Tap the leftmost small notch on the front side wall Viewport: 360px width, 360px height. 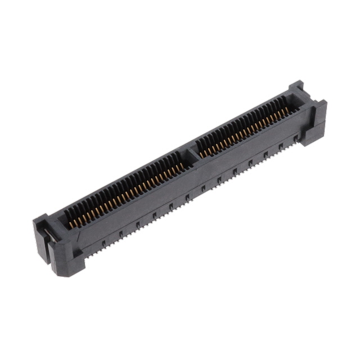pos(103,242)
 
